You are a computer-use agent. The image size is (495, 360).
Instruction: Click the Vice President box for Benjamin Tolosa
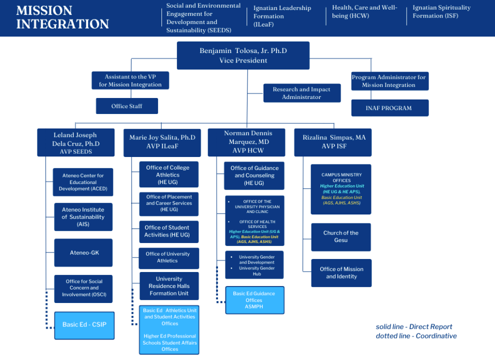(243, 55)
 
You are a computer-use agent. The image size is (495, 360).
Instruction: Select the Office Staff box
(127, 106)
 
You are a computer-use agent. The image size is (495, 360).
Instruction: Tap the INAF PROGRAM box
(389, 108)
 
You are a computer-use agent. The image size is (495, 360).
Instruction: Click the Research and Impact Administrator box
(301, 93)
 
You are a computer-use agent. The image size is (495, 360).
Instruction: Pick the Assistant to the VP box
(130, 80)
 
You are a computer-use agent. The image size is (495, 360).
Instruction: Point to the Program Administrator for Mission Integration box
(389, 81)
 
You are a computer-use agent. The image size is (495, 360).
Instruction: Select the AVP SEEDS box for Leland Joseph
(76, 142)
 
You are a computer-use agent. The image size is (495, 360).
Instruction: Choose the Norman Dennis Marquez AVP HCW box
(246, 142)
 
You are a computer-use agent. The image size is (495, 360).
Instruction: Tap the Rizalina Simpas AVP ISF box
(333, 142)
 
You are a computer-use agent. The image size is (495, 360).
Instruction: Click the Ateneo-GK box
(84, 252)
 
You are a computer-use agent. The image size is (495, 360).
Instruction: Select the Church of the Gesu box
(341, 236)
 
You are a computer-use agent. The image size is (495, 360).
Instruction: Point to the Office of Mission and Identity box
(341, 272)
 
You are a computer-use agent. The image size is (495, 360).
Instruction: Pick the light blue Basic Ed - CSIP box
(84, 325)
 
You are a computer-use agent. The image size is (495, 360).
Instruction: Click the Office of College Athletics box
(167, 174)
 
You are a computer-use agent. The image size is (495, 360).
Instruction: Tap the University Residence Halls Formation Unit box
(169, 286)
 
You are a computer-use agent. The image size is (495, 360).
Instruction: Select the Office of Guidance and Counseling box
(254, 175)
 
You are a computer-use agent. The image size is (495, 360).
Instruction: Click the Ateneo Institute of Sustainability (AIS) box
(83, 217)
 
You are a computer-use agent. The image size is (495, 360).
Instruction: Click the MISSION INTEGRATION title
(62, 17)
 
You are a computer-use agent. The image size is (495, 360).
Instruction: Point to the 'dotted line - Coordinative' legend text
(416, 336)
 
